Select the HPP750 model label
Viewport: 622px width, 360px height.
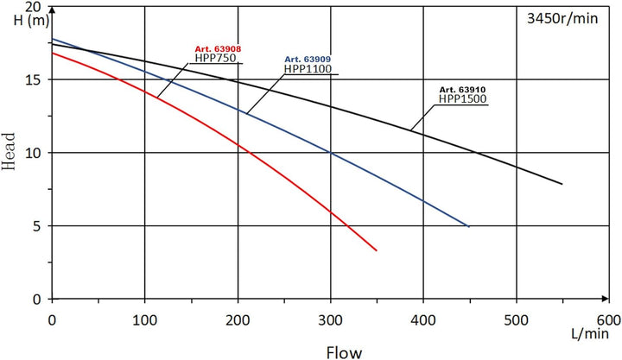(x=214, y=59)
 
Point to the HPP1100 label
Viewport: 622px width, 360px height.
(x=308, y=68)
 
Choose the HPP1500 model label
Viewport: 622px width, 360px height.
(x=463, y=98)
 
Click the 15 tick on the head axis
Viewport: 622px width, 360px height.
(x=35, y=79)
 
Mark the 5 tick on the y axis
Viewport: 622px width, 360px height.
(x=39, y=226)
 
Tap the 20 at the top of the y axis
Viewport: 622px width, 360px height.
(x=35, y=7)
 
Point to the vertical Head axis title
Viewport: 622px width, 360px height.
(x=10, y=153)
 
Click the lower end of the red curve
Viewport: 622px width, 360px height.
(x=377, y=250)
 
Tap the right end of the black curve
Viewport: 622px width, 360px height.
(x=562, y=184)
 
